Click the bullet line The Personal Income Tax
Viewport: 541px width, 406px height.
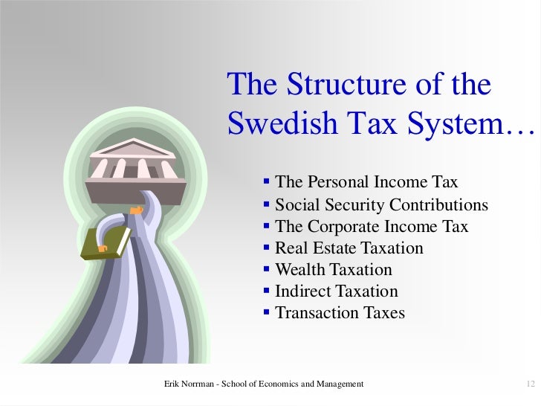pyautogui.click(x=366, y=182)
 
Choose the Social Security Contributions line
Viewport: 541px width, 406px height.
pyautogui.click(x=381, y=204)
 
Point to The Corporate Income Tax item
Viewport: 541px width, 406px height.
pyautogui.click(x=372, y=226)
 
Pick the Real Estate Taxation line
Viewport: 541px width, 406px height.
pyautogui.click(x=349, y=248)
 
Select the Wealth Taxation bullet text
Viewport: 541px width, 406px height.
pyautogui.click(x=333, y=269)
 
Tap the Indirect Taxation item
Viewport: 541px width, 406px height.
pyautogui.click(x=336, y=291)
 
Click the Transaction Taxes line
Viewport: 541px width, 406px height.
pyautogui.click(x=340, y=312)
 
